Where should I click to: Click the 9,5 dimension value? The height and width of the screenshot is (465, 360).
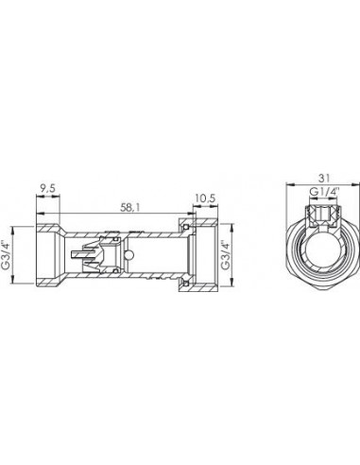click(x=47, y=189)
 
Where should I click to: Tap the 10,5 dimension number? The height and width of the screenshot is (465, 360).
click(x=205, y=198)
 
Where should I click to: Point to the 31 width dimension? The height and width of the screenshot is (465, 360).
click(x=324, y=179)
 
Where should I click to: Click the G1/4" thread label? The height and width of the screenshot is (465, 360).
click(x=324, y=192)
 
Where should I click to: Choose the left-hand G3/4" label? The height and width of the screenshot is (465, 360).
click(x=6, y=255)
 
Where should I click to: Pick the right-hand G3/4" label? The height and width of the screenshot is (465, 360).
click(x=225, y=255)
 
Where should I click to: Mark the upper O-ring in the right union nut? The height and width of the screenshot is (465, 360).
click(x=186, y=227)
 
